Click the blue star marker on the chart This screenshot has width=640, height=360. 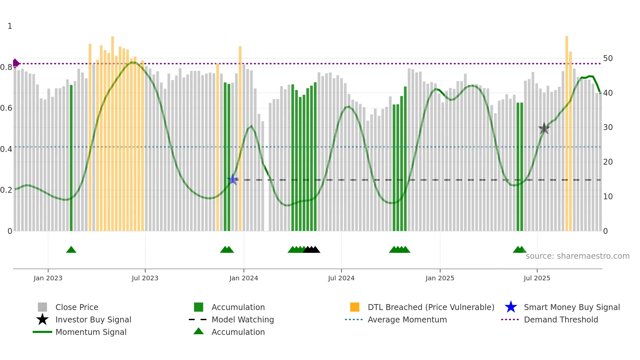[x=233, y=179]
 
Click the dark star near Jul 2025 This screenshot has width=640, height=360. [x=544, y=128]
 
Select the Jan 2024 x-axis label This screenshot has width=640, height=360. [x=244, y=278]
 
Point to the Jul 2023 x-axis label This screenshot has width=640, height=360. [x=145, y=278]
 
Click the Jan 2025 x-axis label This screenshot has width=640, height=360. [x=440, y=278]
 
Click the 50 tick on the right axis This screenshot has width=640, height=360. [x=608, y=58]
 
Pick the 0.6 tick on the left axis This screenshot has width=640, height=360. [x=6, y=108]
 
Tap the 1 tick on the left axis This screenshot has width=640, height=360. [x=10, y=26]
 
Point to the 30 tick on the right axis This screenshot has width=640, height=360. [x=608, y=127]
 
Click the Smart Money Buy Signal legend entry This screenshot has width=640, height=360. [x=571, y=307]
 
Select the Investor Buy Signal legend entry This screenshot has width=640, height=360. [x=93, y=319]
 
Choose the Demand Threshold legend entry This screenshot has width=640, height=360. [x=561, y=319]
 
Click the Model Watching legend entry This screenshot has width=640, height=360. [x=242, y=319]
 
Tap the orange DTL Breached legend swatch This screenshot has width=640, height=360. [x=355, y=307]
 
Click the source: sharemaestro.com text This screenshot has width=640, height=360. [x=577, y=256]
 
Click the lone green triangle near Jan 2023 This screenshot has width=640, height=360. [x=71, y=250]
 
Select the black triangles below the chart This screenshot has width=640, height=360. [x=312, y=250]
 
